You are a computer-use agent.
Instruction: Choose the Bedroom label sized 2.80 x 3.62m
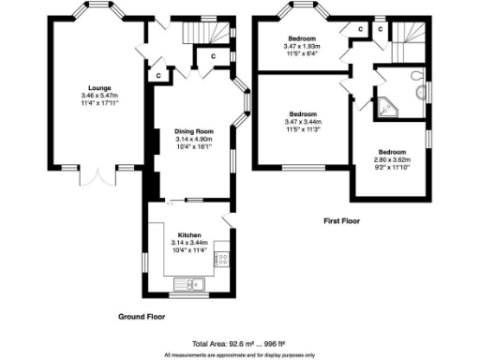391,152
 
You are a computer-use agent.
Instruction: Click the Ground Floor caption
143,316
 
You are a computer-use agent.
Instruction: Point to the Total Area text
240,344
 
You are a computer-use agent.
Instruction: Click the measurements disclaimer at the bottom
240,355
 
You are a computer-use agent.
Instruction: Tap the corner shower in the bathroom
386,107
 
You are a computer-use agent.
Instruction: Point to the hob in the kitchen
222,255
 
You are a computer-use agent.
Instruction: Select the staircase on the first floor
407,39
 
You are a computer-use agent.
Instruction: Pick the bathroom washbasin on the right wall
427,94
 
